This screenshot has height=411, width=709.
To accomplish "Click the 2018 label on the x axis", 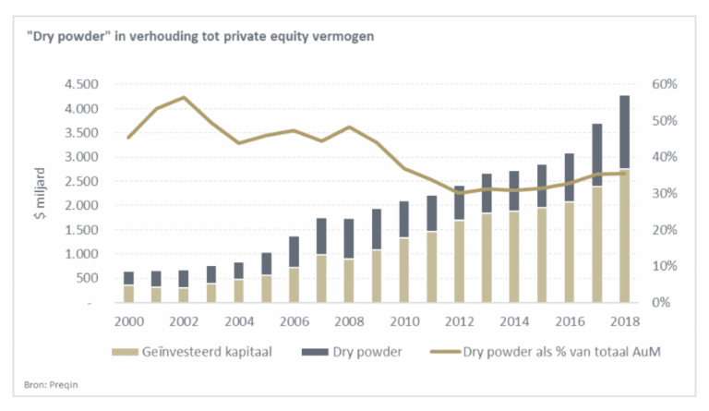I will pyautogui.click(x=625, y=322).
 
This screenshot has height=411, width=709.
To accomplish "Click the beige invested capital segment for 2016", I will pyautogui.click(x=570, y=251).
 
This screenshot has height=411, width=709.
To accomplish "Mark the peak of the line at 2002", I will pyautogui.click(x=184, y=97).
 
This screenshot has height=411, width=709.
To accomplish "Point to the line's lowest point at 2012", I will pyautogui.click(x=459, y=193).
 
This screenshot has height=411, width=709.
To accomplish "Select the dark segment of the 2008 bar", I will pyautogui.click(x=349, y=238).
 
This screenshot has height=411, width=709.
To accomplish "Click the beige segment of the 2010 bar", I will pyautogui.click(x=404, y=270).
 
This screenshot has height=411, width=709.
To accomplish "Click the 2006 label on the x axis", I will pyautogui.click(x=294, y=322).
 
